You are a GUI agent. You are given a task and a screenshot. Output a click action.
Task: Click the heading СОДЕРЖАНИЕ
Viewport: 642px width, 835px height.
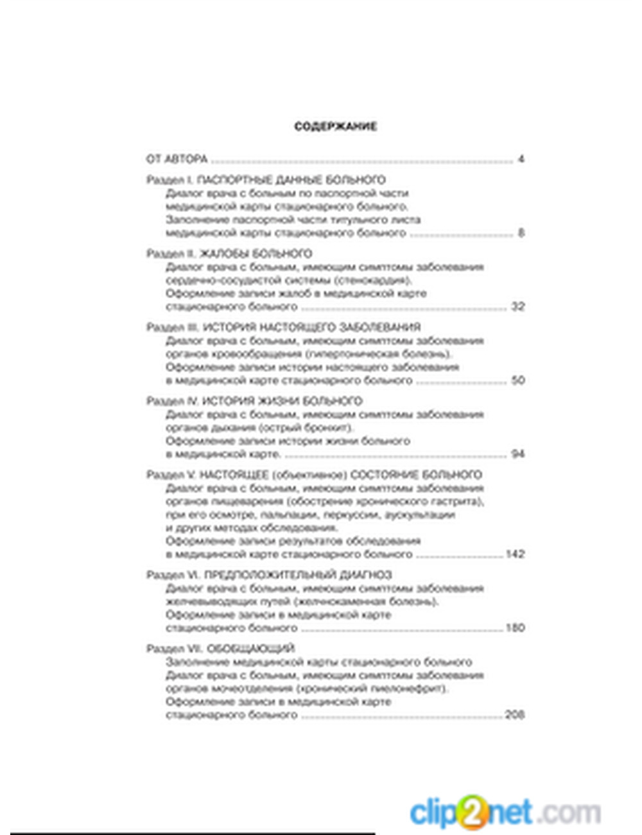click(335, 127)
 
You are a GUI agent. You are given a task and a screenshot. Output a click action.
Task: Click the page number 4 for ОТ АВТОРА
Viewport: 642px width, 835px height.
click(521, 159)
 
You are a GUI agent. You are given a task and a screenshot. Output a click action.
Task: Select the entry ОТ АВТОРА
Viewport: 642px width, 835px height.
click(177, 159)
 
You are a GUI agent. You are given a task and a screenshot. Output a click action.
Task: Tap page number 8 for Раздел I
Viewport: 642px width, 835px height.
click(521, 233)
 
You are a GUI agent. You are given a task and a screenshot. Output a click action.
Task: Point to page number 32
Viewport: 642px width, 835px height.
click(517, 306)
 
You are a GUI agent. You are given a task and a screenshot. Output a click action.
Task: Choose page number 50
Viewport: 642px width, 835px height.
click(517, 380)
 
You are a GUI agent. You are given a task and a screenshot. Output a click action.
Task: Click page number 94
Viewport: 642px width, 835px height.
click(517, 454)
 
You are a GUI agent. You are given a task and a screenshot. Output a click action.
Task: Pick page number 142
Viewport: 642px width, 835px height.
click(515, 554)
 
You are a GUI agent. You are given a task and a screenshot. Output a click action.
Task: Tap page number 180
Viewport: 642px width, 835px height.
click(515, 628)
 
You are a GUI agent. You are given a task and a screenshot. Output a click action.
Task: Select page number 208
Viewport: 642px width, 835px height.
click(515, 714)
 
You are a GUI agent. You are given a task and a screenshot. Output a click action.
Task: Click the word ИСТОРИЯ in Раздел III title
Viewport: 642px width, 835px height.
click(229, 328)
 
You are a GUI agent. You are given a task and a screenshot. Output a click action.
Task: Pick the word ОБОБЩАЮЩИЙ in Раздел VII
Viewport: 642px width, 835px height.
click(251, 649)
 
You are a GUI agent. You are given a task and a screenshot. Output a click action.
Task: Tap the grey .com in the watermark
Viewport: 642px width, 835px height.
click(571, 813)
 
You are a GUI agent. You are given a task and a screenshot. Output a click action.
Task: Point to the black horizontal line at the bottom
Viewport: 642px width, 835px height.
click(193, 833)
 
